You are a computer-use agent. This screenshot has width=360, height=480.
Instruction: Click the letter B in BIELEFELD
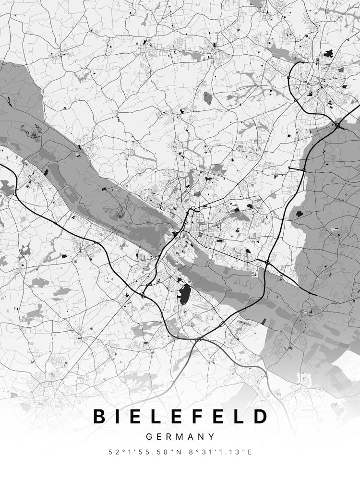click(99, 416)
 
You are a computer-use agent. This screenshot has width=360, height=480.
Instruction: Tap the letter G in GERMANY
click(149, 437)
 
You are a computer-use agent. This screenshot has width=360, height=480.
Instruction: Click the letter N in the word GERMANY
click(203, 437)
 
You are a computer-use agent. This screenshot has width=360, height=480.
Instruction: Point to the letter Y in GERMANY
click(212, 437)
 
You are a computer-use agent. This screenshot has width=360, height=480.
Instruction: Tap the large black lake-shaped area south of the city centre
click(185, 294)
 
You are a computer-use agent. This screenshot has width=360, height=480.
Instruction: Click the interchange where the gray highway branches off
click(198, 339)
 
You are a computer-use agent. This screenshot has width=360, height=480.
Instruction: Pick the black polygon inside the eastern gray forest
click(300, 214)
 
